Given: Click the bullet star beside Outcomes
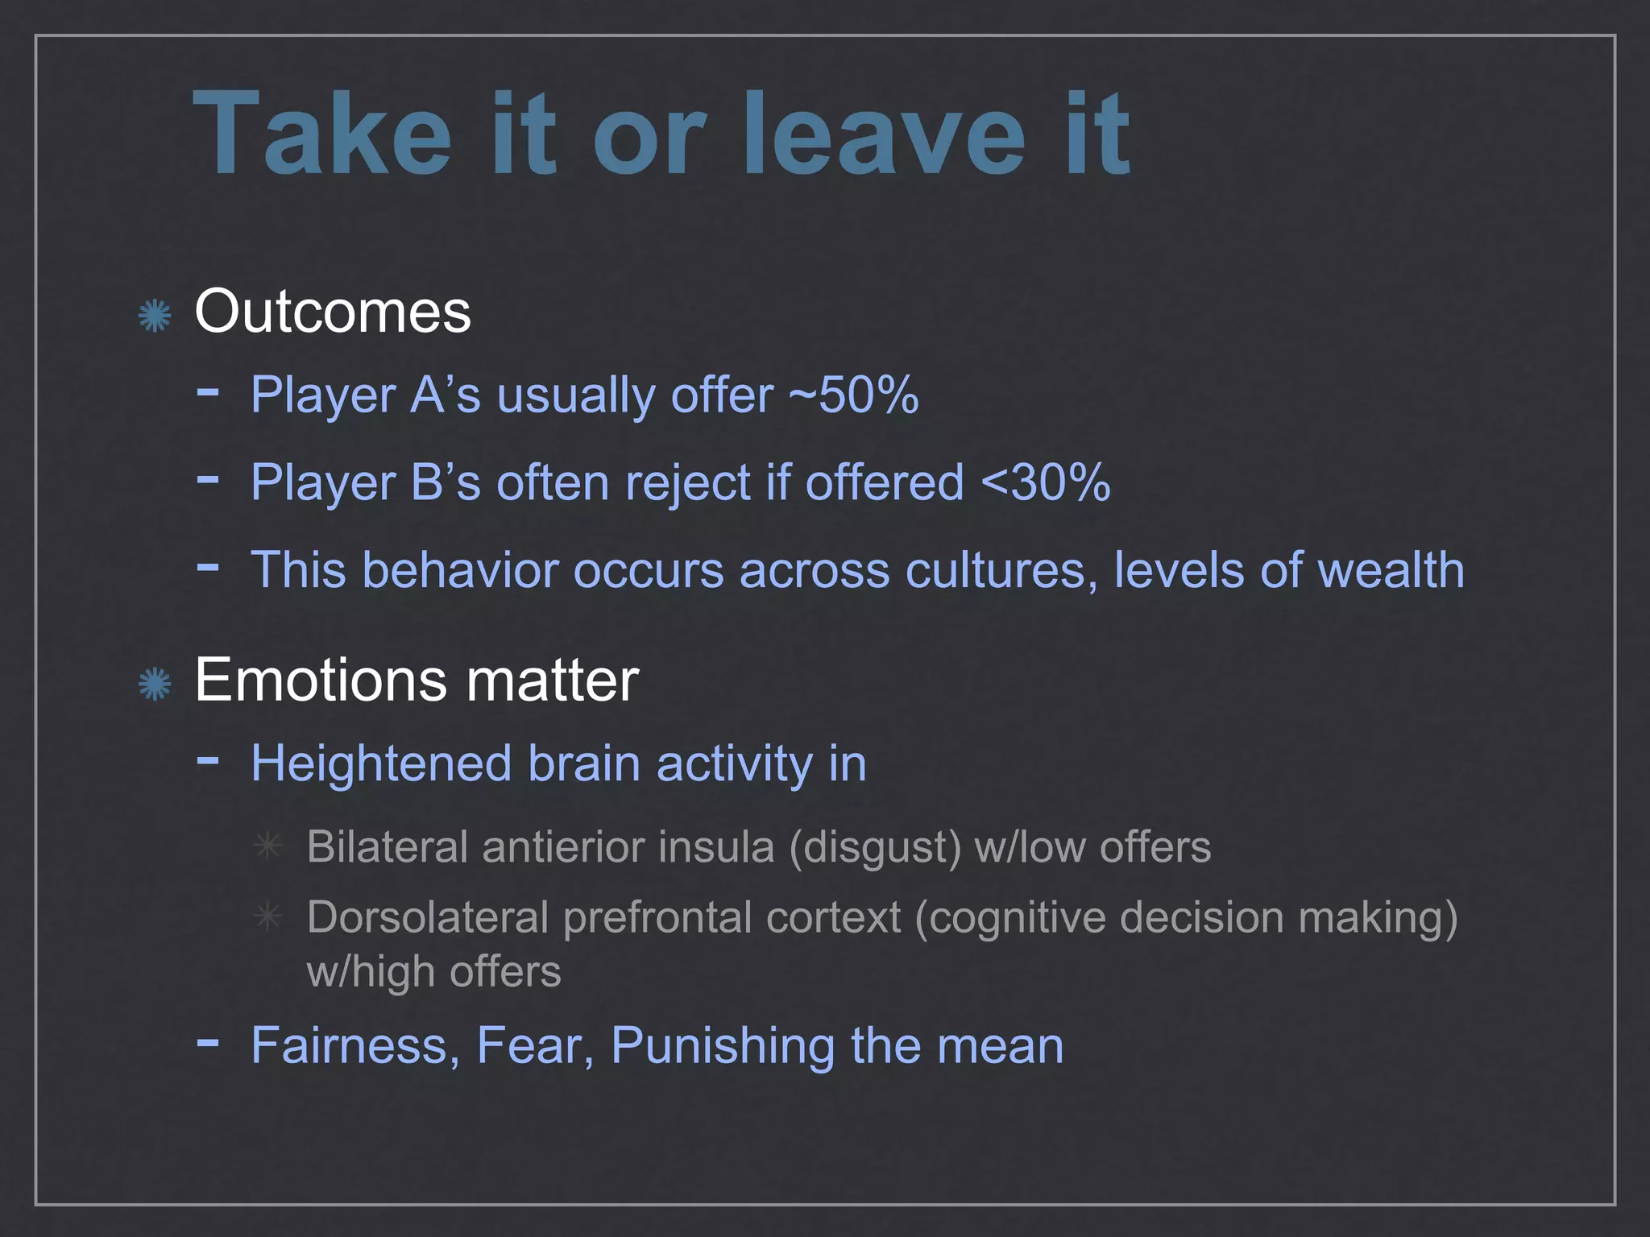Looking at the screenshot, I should pos(154,315).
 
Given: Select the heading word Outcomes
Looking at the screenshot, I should pos(332,312).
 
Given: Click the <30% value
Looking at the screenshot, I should pos(1045,482).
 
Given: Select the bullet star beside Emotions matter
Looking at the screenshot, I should pos(154,685).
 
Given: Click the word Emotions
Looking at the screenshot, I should pos(320,681).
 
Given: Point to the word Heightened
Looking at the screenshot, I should pos(381,763).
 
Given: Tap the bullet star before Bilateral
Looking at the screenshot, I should pos(267,846).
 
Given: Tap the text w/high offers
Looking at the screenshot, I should pos(433,972).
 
